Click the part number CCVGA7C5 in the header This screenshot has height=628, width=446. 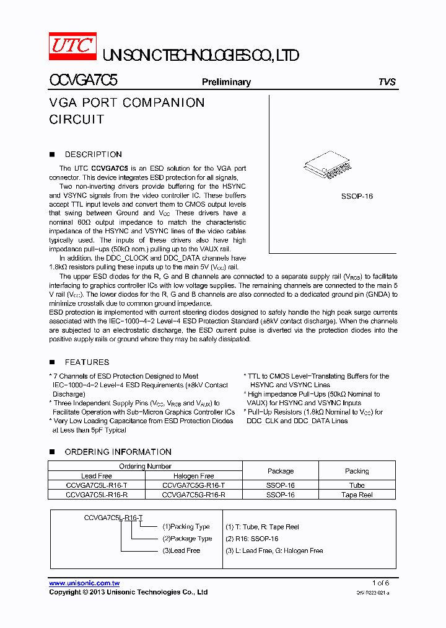pos(84,81)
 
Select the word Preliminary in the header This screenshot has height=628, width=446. pos(226,82)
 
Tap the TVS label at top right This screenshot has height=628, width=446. pos(387,82)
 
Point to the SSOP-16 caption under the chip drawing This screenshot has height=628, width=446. pos(357,196)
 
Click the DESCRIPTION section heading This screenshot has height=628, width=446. pos(93,155)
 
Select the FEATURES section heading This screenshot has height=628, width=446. pos(87,362)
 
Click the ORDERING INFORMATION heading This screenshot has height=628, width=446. pos(118,452)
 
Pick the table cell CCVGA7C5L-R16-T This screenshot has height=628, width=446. pos(97,485)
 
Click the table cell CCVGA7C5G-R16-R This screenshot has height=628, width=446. pos(193,495)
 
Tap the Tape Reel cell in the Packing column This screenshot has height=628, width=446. pos(357,495)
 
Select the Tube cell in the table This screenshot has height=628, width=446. pos(357,485)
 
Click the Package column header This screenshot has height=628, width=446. pos(281,471)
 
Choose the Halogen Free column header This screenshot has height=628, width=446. pos(193,476)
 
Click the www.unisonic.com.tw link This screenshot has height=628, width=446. pos(84,583)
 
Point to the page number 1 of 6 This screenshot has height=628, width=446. pos(380,583)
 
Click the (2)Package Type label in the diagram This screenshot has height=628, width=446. pos(187,539)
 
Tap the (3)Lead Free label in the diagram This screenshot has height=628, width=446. pos(181,550)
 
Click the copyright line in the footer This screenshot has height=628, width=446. pos(128,593)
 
